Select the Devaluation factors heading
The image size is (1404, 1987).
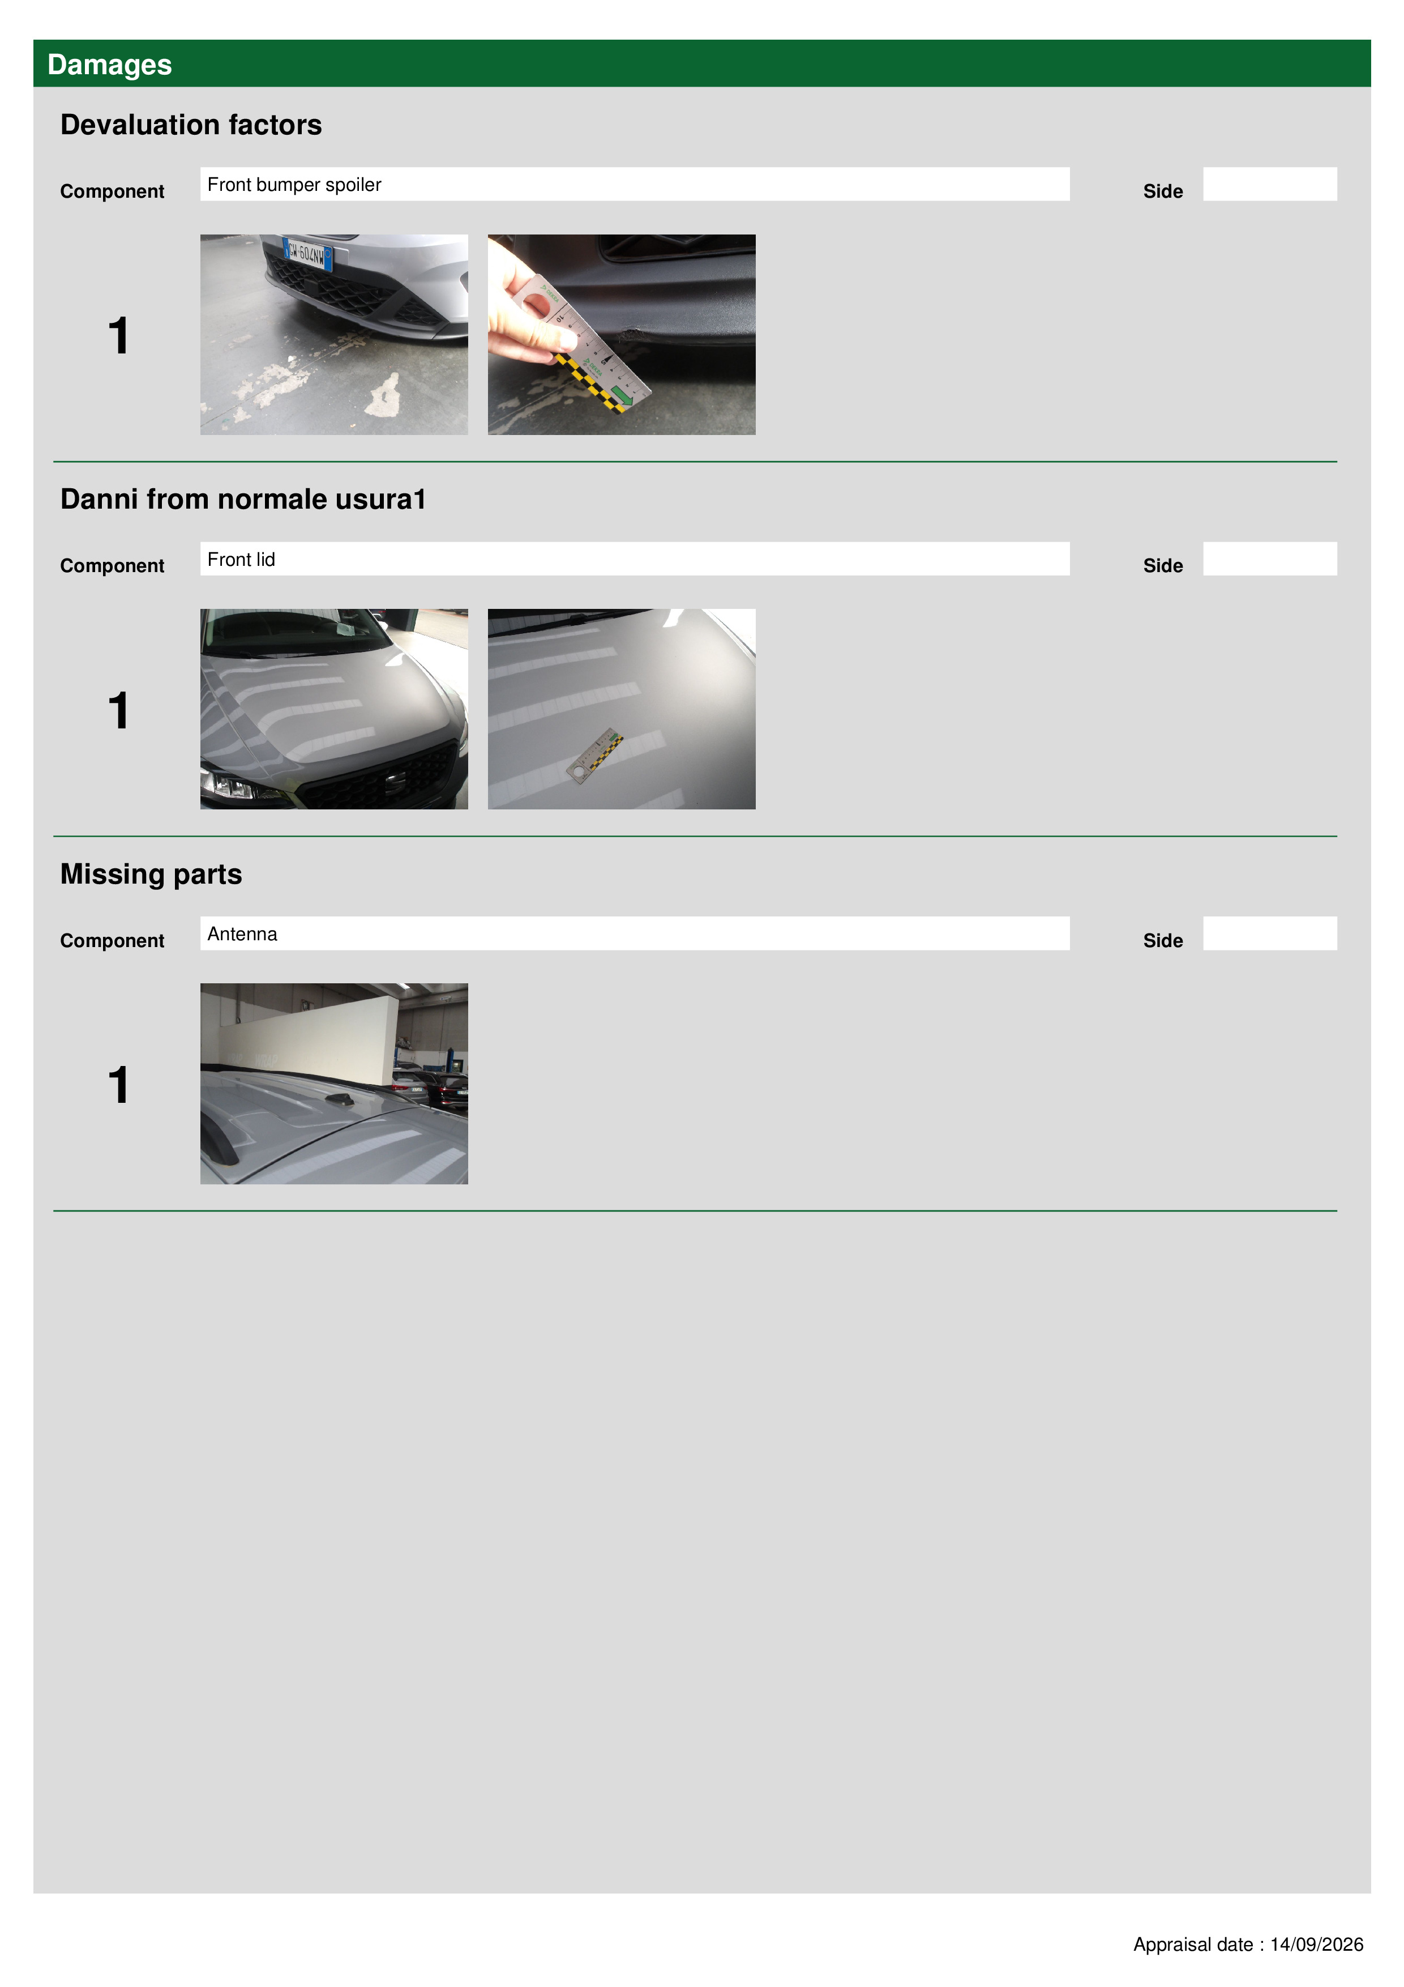pos(191,125)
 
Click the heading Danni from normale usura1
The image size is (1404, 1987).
pos(243,500)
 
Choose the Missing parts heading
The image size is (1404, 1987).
pos(151,874)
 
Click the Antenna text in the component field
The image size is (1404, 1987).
pos(242,934)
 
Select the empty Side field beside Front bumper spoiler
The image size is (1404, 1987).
pos(1270,184)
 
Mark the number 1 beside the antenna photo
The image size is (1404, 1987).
pos(118,1085)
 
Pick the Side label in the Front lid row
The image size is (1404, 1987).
pos(1163,566)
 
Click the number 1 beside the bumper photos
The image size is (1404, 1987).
pos(118,336)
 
